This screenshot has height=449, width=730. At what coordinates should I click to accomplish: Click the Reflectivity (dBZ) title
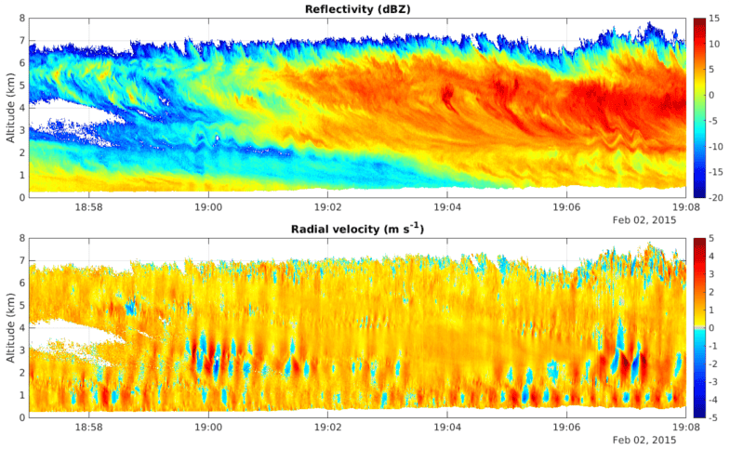tap(358, 9)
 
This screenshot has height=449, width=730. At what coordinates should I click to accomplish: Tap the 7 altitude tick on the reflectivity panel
tap(21, 41)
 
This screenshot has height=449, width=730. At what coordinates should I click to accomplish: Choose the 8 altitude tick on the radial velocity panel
tap(21, 238)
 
